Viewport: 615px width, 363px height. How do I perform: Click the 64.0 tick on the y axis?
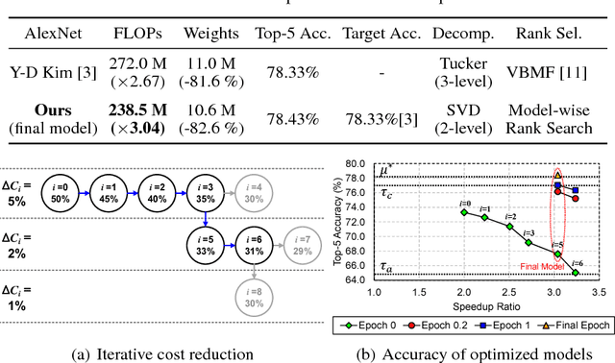coord(357,278)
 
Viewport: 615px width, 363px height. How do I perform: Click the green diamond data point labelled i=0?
coord(464,211)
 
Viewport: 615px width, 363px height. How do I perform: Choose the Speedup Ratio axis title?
coord(488,305)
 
